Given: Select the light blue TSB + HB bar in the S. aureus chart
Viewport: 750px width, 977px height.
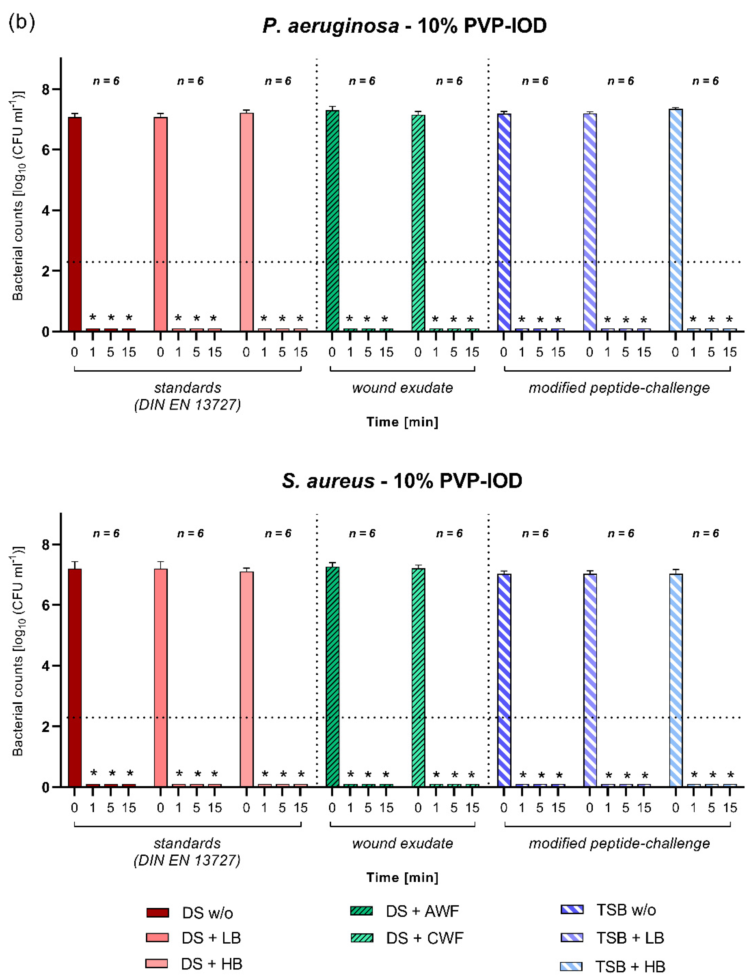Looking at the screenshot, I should pos(676,679).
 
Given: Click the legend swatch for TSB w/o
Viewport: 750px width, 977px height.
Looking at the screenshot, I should pos(572,910).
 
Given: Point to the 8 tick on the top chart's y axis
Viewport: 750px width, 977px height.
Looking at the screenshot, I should pos(45,89).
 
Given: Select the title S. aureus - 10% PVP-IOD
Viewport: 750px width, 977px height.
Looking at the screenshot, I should pos(402,481).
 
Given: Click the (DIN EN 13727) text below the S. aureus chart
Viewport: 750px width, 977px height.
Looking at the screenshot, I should pos(187,860).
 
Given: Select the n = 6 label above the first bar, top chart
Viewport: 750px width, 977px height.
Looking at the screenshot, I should pos(106,81).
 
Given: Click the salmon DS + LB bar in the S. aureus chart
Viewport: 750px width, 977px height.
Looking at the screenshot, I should pos(161,677).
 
